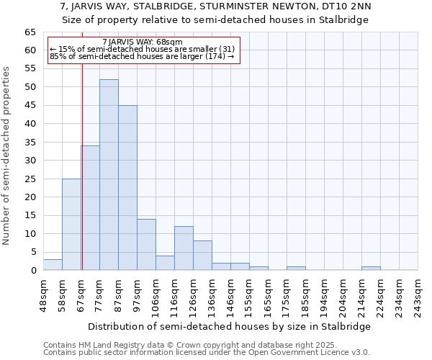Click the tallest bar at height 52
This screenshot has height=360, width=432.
pyautogui.click(x=109, y=175)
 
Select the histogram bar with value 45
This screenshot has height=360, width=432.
pyautogui.click(x=127, y=188)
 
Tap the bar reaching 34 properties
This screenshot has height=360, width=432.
pyautogui.click(x=90, y=208)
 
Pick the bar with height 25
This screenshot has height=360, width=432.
pyautogui.click(x=71, y=225)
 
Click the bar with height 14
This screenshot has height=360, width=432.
pyautogui.click(x=146, y=245)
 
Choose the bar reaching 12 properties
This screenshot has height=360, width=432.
pyautogui.click(x=184, y=248)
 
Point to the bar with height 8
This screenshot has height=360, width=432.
pyautogui.click(x=202, y=256)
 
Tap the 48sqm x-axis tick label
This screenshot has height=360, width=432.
pyautogui.click(x=43, y=293)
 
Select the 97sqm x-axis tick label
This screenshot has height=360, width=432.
pyautogui.click(x=137, y=293)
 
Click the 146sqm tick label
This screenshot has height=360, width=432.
pyautogui.click(x=230, y=293)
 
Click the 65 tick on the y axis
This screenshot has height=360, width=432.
pyautogui.click(x=30, y=32)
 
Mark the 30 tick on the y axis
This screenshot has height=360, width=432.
pyautogui.click(x=30, y=161)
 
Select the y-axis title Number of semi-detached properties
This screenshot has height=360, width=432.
pyautogui.click(x=7, y=156)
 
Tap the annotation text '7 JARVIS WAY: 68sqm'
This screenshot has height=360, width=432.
pyautogui.click(x=143, y=42)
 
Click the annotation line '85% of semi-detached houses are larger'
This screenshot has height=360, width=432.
pyautogui.click(x=143, y=56)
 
